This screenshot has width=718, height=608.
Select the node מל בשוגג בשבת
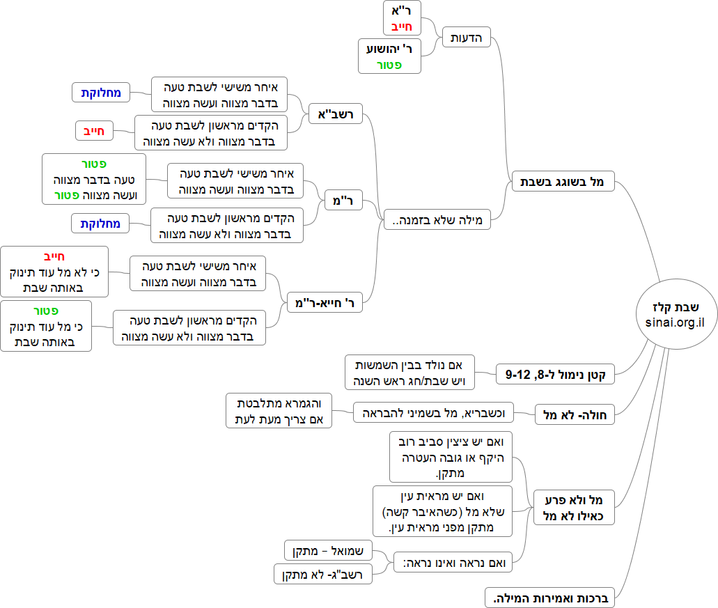click(x=562, y=182)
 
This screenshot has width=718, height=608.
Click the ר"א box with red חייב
click(x=403, y=19)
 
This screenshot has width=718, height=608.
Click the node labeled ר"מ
click(x=344, y=201)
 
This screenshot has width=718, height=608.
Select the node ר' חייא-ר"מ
click(x=325, y=302)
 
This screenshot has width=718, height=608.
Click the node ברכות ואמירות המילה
click(x=551, y=598)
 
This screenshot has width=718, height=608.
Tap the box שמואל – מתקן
click(x=329, y=550)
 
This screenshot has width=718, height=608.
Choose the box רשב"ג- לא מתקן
click(x=323, y=575)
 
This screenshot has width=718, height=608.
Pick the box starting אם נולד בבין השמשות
click(x=410, y=373)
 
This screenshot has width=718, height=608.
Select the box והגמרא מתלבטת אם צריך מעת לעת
click(x=279, y=411)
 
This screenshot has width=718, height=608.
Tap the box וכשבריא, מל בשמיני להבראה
click(x=433, y=412)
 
